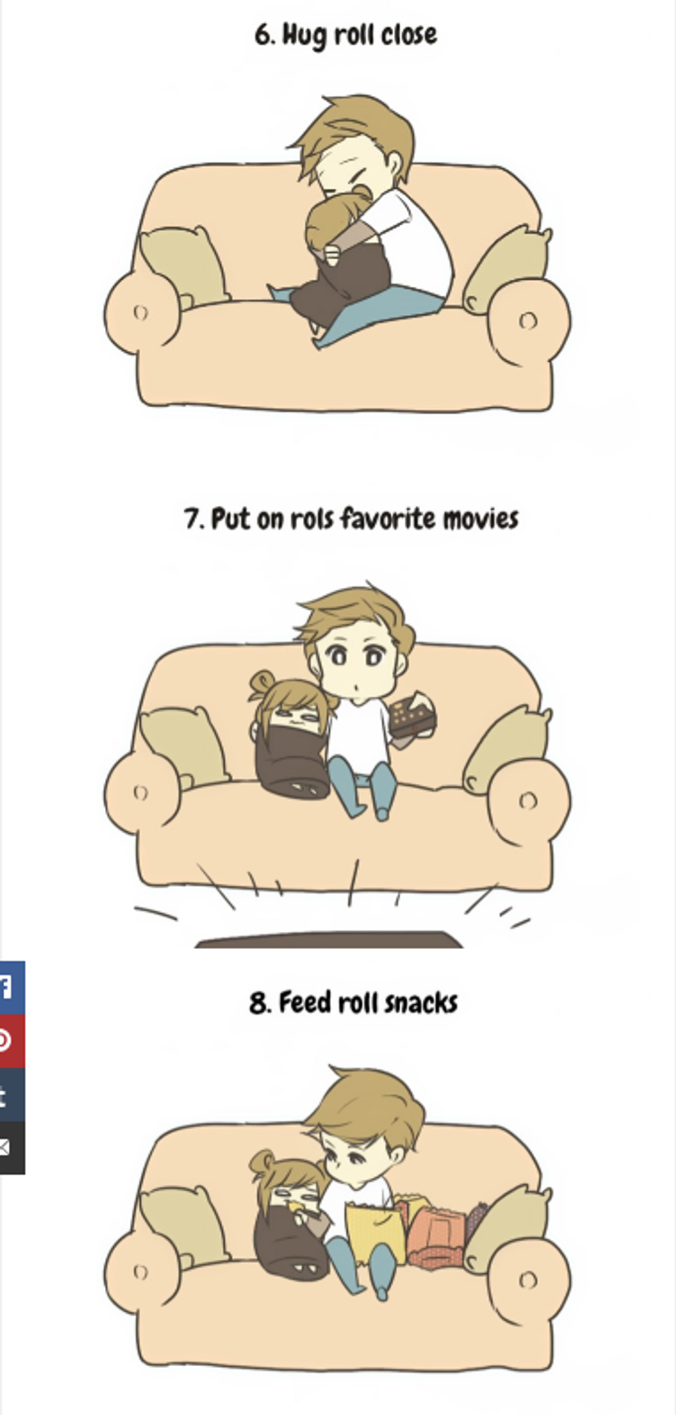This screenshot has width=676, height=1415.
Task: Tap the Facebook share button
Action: [12, 988]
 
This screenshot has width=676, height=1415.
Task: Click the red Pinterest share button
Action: [12, 1041]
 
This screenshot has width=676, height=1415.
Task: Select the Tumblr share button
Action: [12, 1095]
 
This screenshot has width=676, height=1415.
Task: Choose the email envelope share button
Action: [12, 1148]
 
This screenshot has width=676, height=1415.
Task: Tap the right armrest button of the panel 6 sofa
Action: [528, 320]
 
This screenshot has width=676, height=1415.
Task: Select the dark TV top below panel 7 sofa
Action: [329, 939]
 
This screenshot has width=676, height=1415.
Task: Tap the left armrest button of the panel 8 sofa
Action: [141, 1272]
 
